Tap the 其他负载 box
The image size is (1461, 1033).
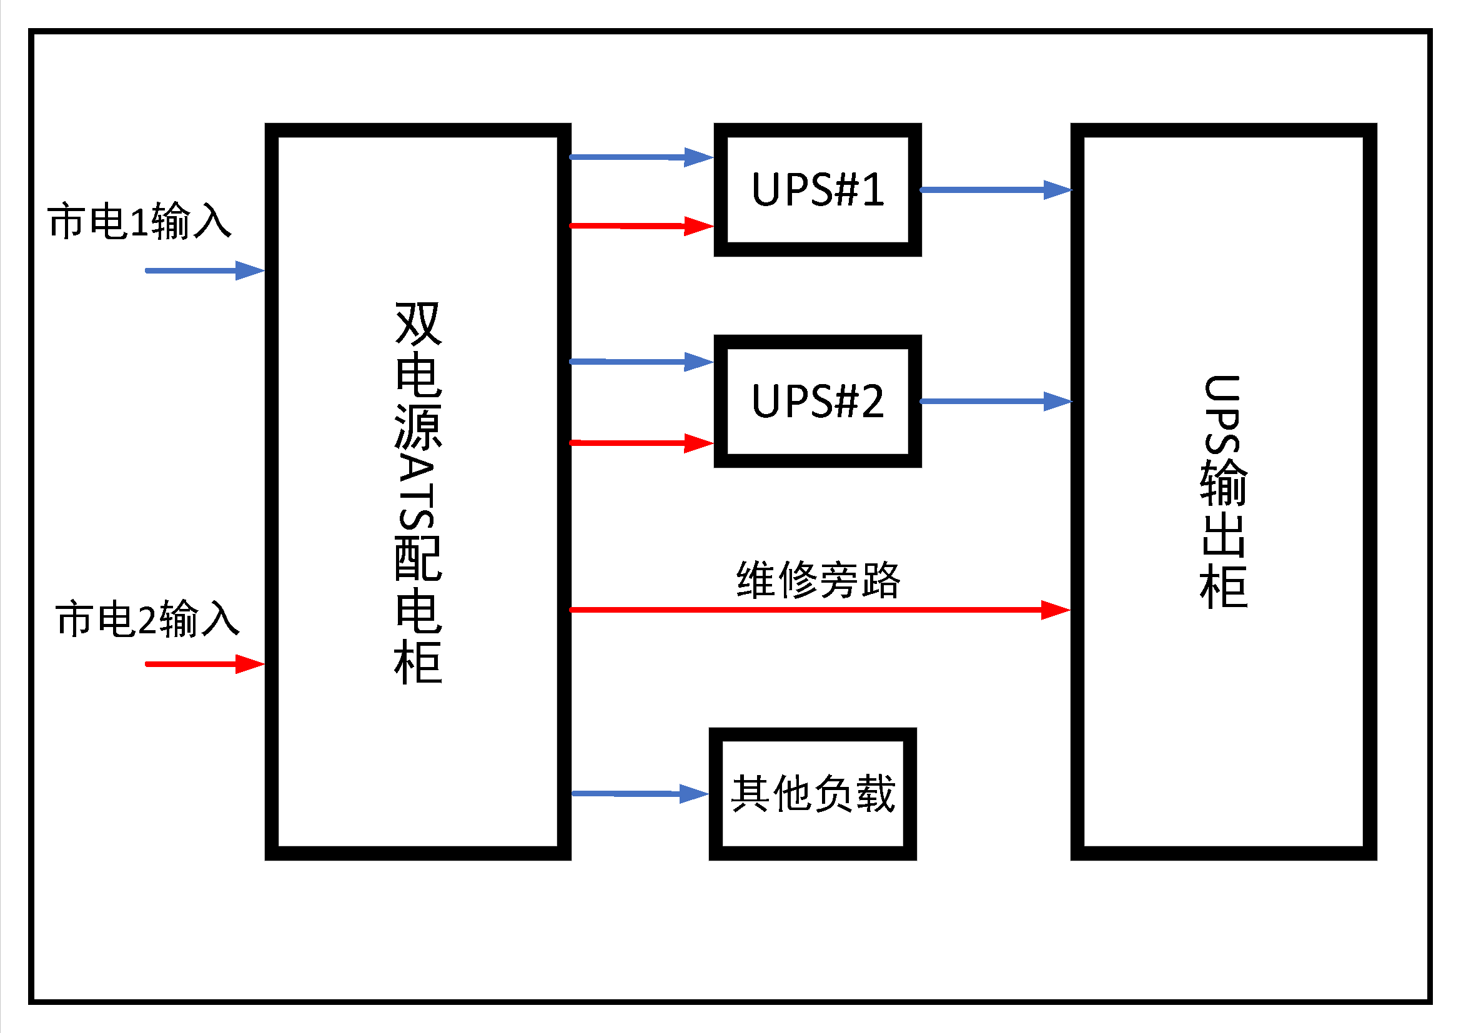tap(813, 793)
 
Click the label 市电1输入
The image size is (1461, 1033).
tap(139, 221)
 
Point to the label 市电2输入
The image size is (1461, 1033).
tap(147, 618)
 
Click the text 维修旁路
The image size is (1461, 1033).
tap(818, 580)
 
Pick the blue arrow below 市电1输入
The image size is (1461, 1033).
tap(204, 270)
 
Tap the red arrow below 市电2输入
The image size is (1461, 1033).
tap(204, 664)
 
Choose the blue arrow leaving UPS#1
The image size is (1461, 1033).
tap(995, 190)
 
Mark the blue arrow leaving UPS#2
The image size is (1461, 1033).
tap(995, 401)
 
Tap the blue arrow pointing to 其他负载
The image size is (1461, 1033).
tap(639, 793)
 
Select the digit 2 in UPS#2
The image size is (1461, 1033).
tap(871, 401)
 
